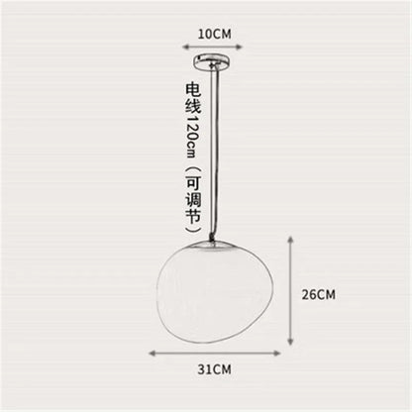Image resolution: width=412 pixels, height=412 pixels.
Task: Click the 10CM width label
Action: click(214, 33)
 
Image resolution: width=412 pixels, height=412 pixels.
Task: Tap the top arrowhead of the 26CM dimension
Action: click(290, 241)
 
